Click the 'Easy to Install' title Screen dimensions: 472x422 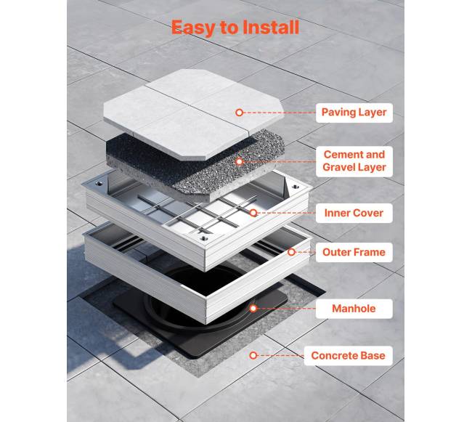(x=235, y=28)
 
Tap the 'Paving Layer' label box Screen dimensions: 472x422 (x=354, y=113)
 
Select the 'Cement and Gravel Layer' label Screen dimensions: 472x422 (x=354, y=161)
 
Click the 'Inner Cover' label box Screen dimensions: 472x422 (x=354, y=213)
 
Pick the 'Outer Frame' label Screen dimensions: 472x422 (x=354, y=252)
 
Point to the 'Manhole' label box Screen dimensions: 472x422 (x=354, y=309)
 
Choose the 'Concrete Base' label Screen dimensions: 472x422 (x=349, y=355)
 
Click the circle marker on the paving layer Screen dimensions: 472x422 (x=240, y=113)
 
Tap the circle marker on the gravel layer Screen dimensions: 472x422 (x=240, y=162)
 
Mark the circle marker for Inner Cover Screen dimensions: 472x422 (x=253, y=213)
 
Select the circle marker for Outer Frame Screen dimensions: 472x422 (x=291, y=252)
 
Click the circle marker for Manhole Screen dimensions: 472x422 (x=253, y=309)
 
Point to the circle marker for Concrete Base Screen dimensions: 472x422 (x=253, y=355)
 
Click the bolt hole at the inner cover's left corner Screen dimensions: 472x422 (x=99, y=183)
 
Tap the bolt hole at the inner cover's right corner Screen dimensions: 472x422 (x=296, y=187)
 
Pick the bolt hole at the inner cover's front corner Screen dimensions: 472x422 (x=204, y=238)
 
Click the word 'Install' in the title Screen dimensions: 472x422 (x=270, y=27)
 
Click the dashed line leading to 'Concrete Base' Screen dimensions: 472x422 (x=280, y=355)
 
